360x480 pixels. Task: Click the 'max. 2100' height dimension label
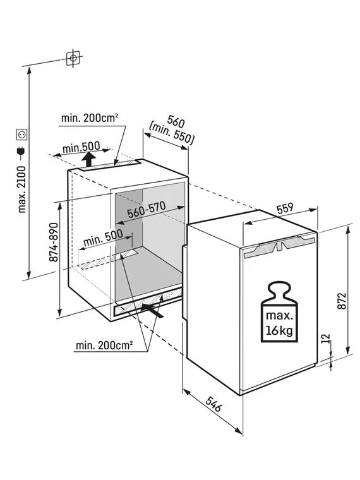[22, 189]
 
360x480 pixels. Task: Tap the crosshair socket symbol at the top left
[73, 58]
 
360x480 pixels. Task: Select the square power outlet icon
[22, 135]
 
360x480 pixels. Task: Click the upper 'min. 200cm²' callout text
[90, 118]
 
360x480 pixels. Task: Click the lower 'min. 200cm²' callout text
[104, 345]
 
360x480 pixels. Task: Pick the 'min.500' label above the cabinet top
[81, 148]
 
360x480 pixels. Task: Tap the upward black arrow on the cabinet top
[89, 160]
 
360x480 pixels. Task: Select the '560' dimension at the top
[176, 122]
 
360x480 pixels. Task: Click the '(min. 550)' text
[171, 133]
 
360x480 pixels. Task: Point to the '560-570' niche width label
[147, 210]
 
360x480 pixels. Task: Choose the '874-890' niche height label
[54, 242]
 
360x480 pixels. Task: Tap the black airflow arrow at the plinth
[152, 310]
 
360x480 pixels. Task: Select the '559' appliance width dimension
[285, 208]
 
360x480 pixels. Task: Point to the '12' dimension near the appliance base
[327, 339]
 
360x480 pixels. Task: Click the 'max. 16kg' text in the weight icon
[279, 323]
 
